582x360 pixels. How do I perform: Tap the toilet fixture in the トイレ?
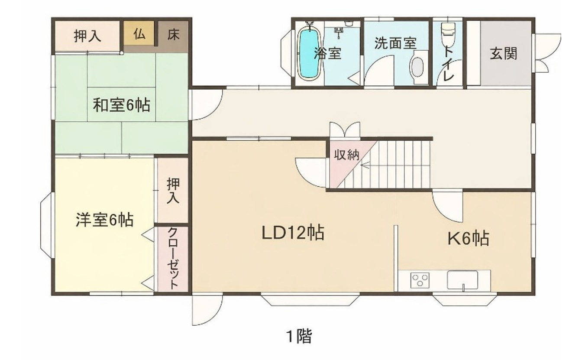point(449,33)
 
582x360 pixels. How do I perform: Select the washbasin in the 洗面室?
point(417,67)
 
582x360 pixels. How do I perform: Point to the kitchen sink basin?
point(462,280)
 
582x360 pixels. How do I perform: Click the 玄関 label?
point(503,54)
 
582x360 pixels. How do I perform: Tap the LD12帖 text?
point(293,233)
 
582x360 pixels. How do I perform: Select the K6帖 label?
point(468,238)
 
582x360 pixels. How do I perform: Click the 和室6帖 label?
point(122,104)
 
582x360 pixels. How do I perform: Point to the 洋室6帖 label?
point(105,220)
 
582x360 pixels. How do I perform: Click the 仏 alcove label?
point(139,34)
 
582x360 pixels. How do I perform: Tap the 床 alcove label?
point(173,34)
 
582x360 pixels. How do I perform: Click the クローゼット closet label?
point(173,258)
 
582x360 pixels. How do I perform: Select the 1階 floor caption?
point(299,336)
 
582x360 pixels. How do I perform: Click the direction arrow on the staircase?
point(365,165)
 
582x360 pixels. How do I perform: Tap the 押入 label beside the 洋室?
point(173,191)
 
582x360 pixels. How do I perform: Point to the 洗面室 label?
point(396,43)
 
